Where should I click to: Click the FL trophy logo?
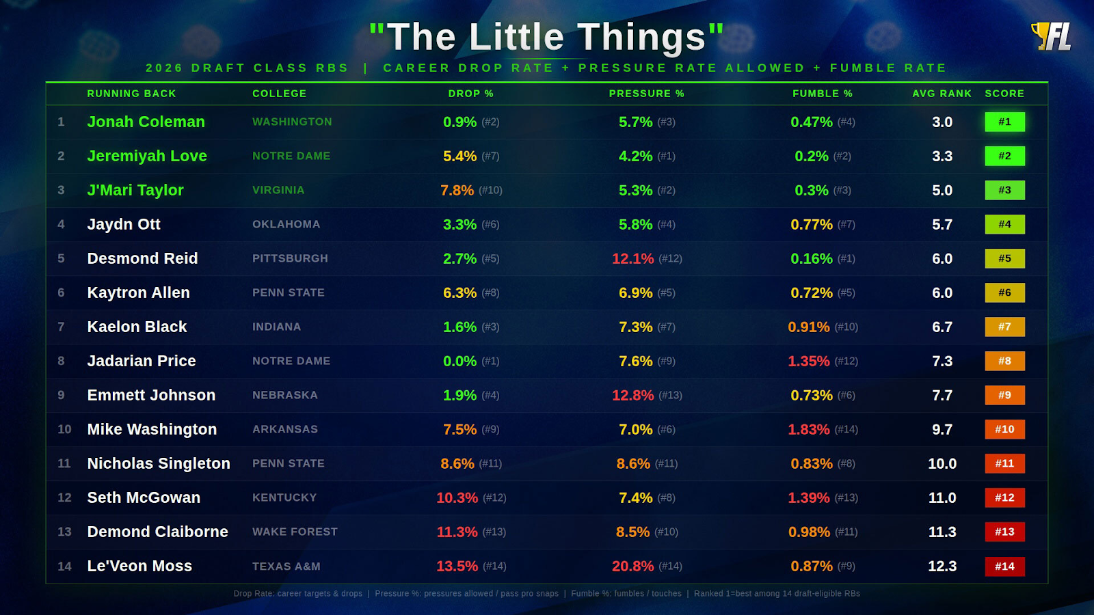[x=1052, y=36]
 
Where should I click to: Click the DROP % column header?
[x=470, y=94]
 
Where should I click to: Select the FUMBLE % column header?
[x=822, y=94]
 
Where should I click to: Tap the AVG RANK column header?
[x=942, y=94]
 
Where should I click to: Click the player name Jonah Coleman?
[x=146, y=122]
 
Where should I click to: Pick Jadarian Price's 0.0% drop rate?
[x=459, y=361]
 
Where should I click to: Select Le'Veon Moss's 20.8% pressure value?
[x=632, y=566]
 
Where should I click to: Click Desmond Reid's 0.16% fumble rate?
[x=811, y=258]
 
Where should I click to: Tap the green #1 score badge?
[x=1004, y=122]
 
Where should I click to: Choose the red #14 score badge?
[x=1004, y=566]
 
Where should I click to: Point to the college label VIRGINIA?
[x=278, y=190]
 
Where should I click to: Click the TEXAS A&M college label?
[x=286, y=566]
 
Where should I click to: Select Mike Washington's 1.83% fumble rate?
[x=808, y=429]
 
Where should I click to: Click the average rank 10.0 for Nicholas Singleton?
[x=942, y=463]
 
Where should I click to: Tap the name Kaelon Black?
[x=137, y=327]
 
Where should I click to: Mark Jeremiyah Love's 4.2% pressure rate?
[x=635, y=156]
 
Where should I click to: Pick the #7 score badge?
[x=1004, y=327]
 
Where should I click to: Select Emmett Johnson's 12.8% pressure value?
[x=632, y=395]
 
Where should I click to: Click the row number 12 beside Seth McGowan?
[x=64, y=497]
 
